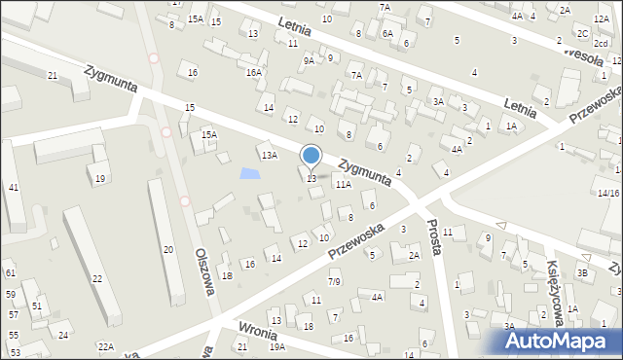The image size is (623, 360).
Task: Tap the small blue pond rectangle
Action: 250,174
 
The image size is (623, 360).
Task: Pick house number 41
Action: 13,187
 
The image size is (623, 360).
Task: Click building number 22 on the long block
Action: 97,278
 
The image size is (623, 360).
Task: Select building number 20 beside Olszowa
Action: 167,250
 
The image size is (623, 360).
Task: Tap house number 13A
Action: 269,155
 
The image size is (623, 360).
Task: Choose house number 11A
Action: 343,183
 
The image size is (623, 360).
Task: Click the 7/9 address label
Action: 334,281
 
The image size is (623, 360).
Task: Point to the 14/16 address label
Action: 609,193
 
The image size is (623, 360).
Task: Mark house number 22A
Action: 104,347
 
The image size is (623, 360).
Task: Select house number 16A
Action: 254,72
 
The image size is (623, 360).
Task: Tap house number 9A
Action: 309,60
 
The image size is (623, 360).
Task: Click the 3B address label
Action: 582,273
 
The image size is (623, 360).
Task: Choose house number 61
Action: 10,273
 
